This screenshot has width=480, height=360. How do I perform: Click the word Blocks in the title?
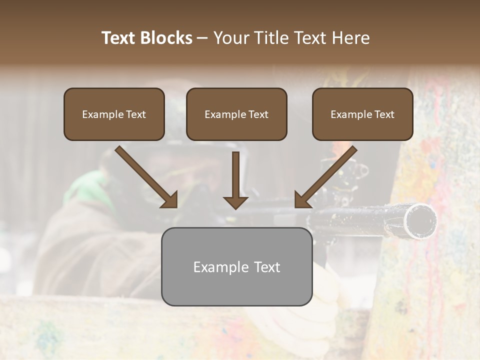pyautogui.click(x=167, y=38)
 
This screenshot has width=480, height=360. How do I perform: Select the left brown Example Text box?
pyautogui.click(x=114, y=114)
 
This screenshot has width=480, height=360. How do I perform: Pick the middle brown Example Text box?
pyautogui.click(x=236, y=114)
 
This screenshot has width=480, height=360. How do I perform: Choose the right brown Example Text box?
pyautogui.click(x=362, y=114)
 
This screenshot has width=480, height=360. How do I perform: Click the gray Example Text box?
pyautogui.click(x=236, y=266)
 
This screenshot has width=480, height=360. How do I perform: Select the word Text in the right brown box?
pyautogui.click(x=384, y=114)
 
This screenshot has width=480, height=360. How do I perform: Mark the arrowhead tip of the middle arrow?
pyautogui.click(x=235, y=208)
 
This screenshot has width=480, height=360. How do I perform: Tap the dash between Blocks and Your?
pyautogui.click(x=202, y=38)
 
